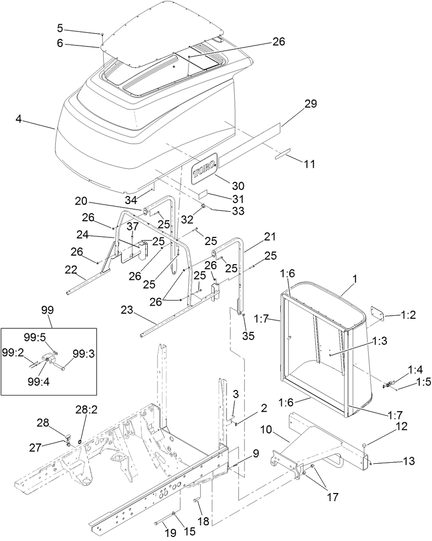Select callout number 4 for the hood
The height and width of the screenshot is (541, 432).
19,120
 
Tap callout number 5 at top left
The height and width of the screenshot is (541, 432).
60,27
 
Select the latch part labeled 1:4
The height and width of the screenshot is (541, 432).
390,384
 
